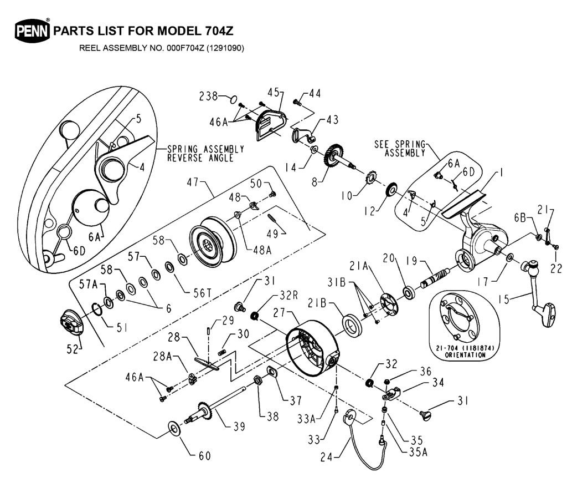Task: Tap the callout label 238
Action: (208, 96)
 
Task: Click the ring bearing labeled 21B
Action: (352, 324)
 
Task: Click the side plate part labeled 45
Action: (270, 123)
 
